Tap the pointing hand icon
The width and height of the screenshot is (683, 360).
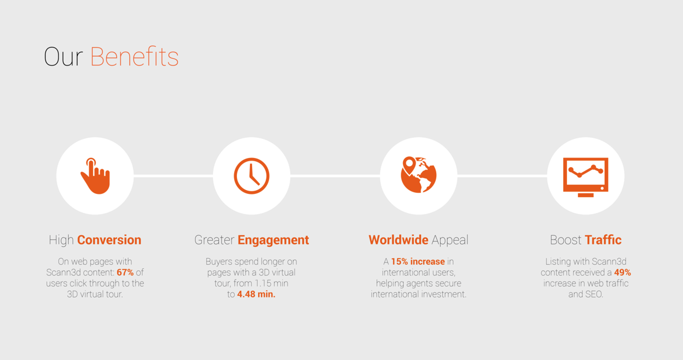tap(95, 176)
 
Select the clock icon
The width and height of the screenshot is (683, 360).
tap(251, 176)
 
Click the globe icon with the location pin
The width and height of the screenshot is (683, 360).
tap(418, 175)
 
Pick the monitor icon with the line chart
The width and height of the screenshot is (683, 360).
tap(586, 177)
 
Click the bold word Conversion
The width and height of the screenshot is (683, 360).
tap(109, 240)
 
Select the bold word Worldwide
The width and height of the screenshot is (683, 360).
tap(398, 240)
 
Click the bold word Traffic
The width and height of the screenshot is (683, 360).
tap(603, 240)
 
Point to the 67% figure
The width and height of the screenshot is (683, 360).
tap(125, 272)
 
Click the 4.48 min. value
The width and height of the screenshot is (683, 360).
tap(256, 294)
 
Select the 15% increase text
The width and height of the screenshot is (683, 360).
tap(418, 261)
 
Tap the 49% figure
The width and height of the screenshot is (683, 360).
tap(623, 272)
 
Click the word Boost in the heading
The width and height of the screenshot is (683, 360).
tap(566, 240)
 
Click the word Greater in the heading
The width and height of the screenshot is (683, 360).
tap(214, 240)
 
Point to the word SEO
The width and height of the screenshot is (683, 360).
tap(594, 294)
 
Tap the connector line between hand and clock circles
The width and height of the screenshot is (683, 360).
tap(173, 176)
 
